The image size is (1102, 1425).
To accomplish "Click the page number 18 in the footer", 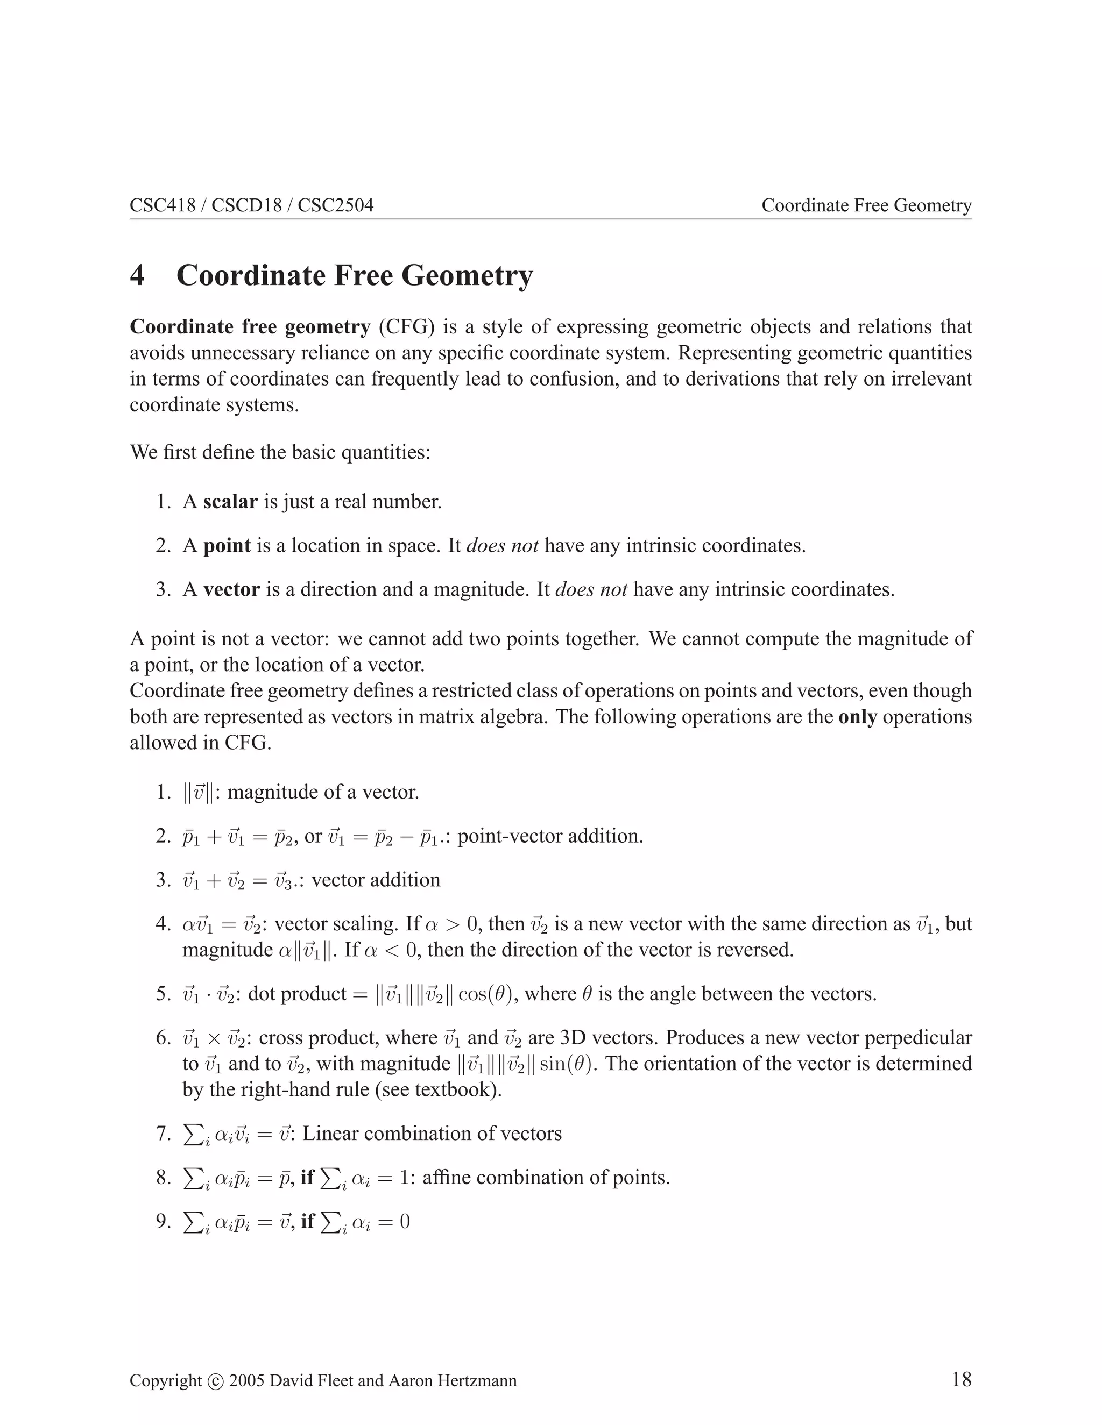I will coord(961,1379).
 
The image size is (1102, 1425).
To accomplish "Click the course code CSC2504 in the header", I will coord(336,205).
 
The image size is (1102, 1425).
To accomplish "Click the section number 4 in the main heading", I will coord(137,275).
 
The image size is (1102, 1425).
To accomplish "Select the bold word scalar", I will coord(230,502).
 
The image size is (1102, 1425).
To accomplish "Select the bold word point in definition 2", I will coord(227,545).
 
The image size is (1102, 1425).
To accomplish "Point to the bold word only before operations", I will coord(857,717).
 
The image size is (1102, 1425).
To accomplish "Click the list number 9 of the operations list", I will coord(163,1221).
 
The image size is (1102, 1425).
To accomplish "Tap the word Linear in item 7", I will coord(330,1134).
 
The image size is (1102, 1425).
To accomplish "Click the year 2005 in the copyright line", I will coord(247,1380).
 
